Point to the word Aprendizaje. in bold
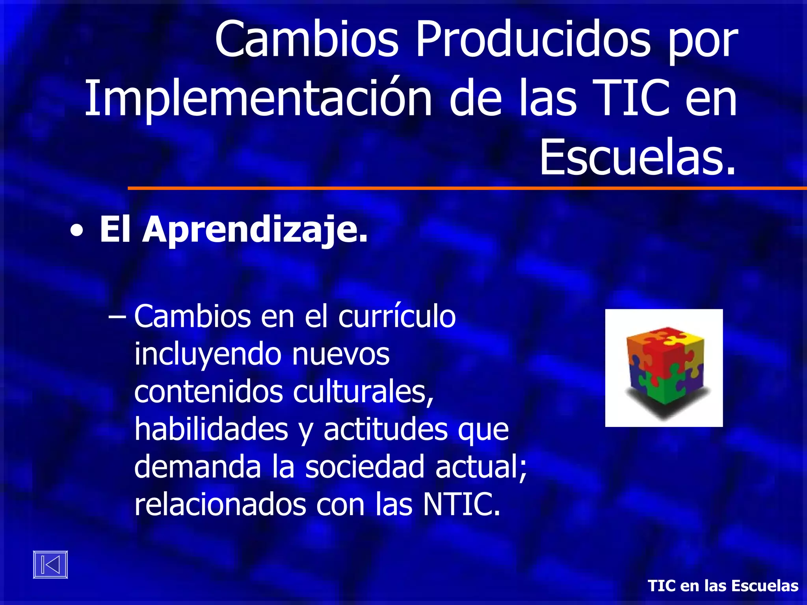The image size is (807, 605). pyautogui.click(x=255, y=229)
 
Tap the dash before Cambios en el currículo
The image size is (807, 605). pyautogui.click(x=117, y=317)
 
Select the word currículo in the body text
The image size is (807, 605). pyautogui.click(x=397, y=317)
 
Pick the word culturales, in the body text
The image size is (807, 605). pyautogui.click(x=363, y=392)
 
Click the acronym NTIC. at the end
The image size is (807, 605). pyautogui.click(x=461, y=504)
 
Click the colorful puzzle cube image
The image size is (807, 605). pyautogui.click(x=664, y=368)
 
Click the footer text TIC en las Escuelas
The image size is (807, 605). pyautogui.click(x=723, y=586)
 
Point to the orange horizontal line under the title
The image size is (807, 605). pyautogui.click(x=467, y=188)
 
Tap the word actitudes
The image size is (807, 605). pyautogui.click(x=385, y=429)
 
